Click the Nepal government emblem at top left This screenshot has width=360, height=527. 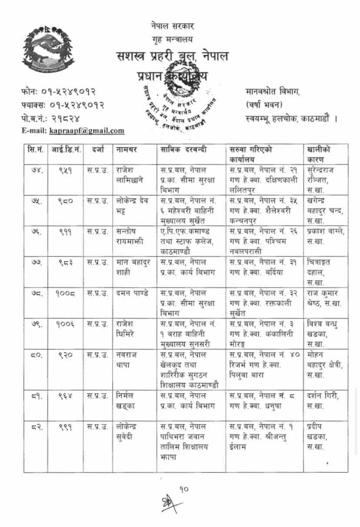[x=48, y=49]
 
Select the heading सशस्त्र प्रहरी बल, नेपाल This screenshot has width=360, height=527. [x=172, y=57]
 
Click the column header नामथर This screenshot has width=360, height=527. [x=127, y=150]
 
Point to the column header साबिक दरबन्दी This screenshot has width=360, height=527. [x=183, y=150]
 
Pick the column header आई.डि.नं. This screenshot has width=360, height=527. [x=66, y=150]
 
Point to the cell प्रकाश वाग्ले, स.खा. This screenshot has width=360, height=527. [x=325, y=235]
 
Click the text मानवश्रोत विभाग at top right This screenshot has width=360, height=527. [x=272, y=92]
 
